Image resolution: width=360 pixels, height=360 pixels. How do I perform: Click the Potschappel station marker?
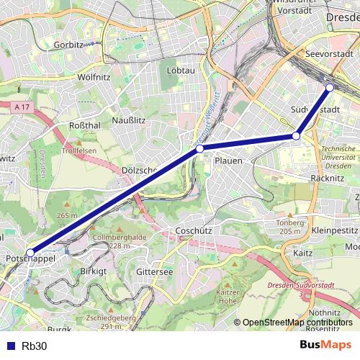[30, 253]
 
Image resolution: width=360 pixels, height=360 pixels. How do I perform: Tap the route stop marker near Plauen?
[199, 148]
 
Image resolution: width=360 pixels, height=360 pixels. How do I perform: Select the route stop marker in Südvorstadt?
[296, 135]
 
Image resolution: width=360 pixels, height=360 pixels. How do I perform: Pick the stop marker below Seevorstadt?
[330, 88]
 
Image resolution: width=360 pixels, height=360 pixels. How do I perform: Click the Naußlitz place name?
[130, 120]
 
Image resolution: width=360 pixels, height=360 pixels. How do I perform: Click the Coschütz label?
[192, 231]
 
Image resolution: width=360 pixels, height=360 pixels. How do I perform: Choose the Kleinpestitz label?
[336, 230]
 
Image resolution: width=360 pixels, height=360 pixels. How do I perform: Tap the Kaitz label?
[302, 253]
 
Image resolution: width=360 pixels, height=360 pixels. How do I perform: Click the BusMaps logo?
[325, 346]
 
